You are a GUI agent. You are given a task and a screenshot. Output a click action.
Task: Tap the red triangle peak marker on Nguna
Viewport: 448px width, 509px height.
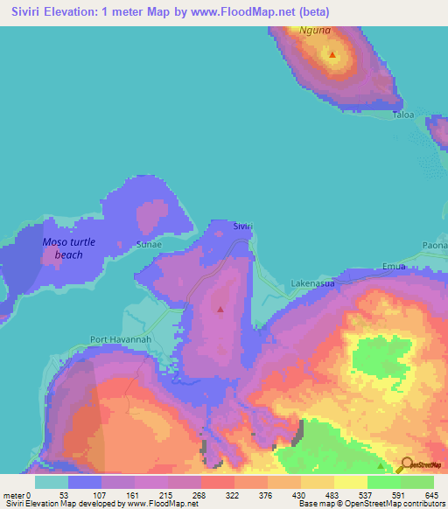[x=332, y=55]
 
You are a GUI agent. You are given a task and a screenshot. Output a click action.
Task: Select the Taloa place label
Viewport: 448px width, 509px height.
[x=402, y=115]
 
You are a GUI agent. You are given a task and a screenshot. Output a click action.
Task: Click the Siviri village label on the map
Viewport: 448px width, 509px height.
[x=242, y=226]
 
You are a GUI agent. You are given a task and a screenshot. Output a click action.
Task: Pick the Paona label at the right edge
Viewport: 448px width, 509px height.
[x=435, y=245]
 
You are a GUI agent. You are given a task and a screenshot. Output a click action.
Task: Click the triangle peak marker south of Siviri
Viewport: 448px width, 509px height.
[x=220, y=309]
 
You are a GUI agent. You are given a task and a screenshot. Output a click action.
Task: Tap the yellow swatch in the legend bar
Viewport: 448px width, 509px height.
[x=349, y=482]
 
